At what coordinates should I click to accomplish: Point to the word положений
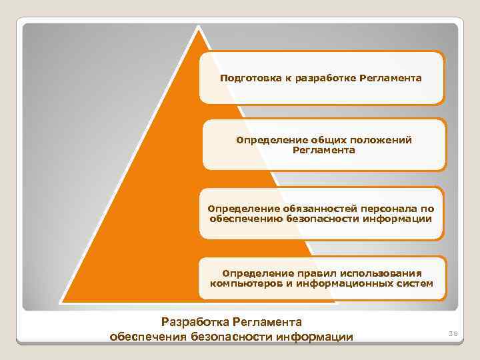[x=381, y=140]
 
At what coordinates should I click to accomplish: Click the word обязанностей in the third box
[x=299, y=209]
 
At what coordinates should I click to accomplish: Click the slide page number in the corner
[x=453, y=331]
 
